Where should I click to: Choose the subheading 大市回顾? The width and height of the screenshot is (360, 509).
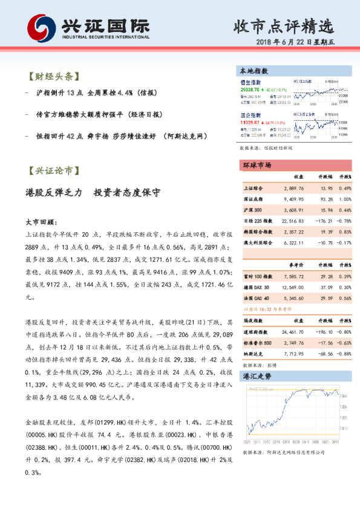click(41, 222)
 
